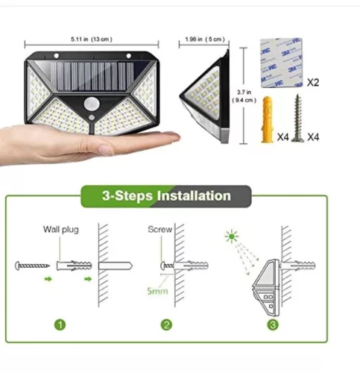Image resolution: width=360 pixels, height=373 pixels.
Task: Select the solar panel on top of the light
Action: point(91,72)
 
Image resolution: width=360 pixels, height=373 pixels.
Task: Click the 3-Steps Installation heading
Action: point(165,196)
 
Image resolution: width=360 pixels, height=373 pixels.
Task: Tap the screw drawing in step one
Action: point(34,265)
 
